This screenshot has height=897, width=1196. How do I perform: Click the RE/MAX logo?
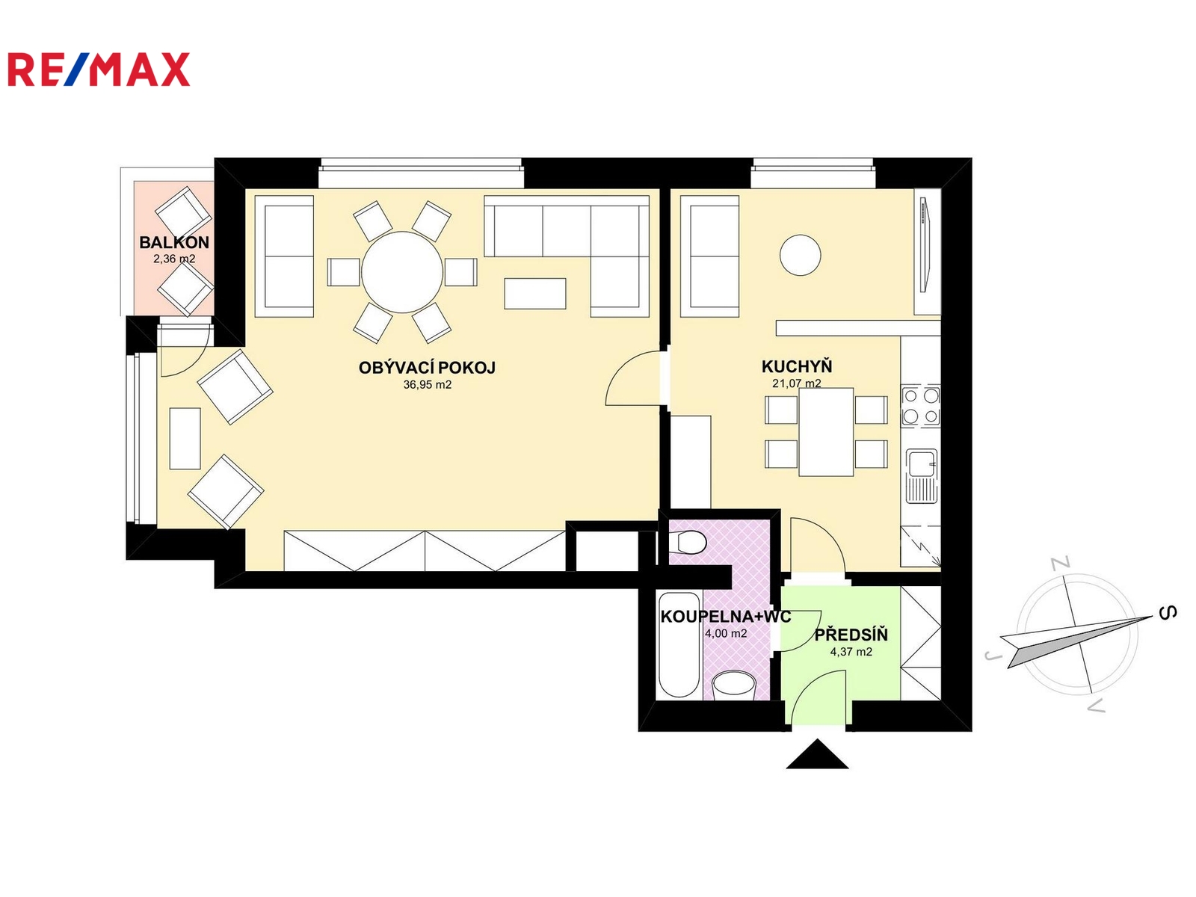click(x=99, y=70)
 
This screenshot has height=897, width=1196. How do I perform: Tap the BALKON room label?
click(x=174, y=242)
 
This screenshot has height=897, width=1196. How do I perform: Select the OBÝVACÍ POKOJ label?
click(x=427, y=368)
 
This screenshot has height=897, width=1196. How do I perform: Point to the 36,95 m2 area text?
click(x=427, y=385)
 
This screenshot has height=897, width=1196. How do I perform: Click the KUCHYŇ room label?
click(x=797, y=366)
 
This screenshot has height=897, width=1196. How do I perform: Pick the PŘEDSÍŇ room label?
click(x=851, y=635)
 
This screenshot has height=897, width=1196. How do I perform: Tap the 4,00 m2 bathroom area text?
click(x=726, y=633)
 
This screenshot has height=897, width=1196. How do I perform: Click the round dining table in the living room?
click(x=402, y=272)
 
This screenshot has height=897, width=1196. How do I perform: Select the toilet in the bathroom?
click(x=688, y=543)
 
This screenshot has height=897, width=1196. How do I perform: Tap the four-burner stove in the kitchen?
click(x=921, y=405)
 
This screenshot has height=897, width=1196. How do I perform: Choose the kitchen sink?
click(x=922, y=475)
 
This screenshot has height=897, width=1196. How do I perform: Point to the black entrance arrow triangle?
click(x=817, y=753)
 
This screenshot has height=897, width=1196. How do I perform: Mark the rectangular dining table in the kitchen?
click(x=826, y=432)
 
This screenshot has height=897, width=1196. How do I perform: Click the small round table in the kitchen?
click(x=800, y=255)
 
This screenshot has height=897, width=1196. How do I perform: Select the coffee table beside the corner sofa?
click(x=535, y=294)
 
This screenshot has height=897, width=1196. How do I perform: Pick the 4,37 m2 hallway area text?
click(x=851, y=651)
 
